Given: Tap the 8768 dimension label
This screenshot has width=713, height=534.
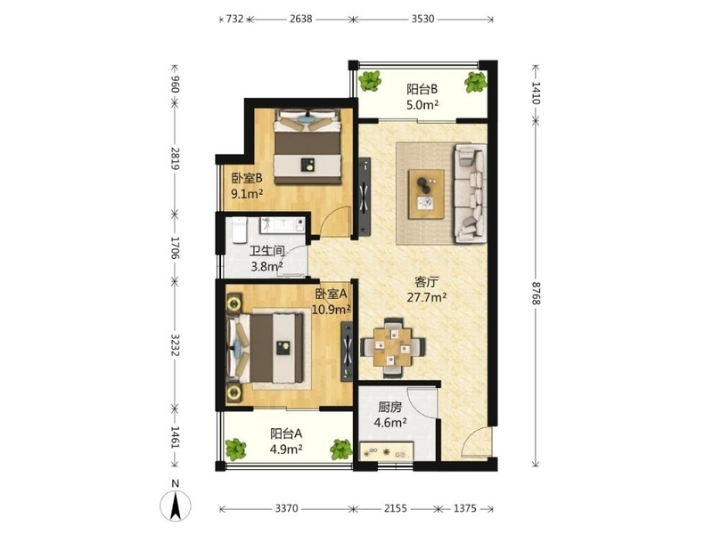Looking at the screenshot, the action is pyautogui.click(x=537, y=294).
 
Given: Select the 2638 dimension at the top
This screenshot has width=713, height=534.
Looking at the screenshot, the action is pyautogui.click(x=300, y=19).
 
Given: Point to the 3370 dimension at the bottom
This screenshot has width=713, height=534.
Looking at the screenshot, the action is pyautogui.click(x=286, y=508).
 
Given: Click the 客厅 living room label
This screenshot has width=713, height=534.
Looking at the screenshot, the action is pyautogui.click(x=426, y=282).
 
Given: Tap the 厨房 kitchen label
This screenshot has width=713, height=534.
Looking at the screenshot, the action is pyautogui.click(x=389, y=408).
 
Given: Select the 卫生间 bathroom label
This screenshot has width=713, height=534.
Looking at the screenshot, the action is pyautogui.click(x=266, y=251).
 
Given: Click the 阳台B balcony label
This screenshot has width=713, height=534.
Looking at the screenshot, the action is pyautogui.click(x=422, y=88).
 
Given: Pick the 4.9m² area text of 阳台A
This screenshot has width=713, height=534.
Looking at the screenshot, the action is pyautogui.click(x=286, y=449).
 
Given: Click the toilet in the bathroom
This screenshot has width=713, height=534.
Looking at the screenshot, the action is pyautogui.click(x=239, y=230).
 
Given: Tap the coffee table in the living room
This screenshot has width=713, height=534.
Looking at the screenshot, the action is pyautogui.click(x=426, y=194).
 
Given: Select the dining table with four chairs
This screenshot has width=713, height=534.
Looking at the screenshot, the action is pyautogui.click(x=393, y=348).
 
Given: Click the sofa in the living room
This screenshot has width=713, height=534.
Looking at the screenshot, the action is pyautogui.click(x=471, y=194).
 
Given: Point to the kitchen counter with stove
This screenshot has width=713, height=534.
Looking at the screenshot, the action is pyautogui.click(x=387, y=452).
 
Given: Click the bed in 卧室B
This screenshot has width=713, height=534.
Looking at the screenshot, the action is pyautogui.click(x=307, y=146).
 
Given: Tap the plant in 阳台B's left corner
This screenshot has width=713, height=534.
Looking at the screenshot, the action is pyautogui.click(x=370, y=82).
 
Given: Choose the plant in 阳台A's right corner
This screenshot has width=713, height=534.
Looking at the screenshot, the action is pyautogui.click(x=341, y=449).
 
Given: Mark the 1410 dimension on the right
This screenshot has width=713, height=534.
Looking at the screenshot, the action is pyautogui.click(x=537, y=93).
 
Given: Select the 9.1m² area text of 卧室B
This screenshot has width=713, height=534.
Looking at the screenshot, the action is pyautogui.click(x=248, y=194).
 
